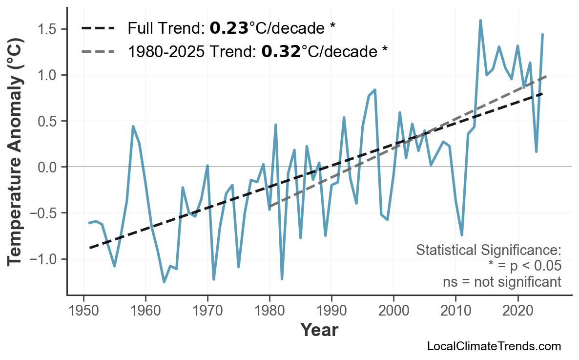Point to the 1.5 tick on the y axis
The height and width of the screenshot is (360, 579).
tap(50, 29)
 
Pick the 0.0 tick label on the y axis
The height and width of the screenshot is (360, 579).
tap(50, 167)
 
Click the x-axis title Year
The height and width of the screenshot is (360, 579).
tap(319, 330)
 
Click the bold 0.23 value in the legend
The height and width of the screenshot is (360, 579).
tap(229, 28)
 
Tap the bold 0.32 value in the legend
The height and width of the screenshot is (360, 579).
tap(281, 51)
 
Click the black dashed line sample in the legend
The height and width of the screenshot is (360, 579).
tap(98, 28)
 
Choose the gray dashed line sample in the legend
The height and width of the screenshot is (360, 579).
tap(98, 51)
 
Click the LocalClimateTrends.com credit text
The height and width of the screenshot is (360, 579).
tap(494, 346)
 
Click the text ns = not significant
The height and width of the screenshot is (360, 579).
tap(501, 282)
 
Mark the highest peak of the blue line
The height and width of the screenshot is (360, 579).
tap(480, 20)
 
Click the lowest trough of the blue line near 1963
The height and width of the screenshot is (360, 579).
tap(164, 282)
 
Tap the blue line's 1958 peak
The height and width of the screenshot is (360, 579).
tap(133, 126)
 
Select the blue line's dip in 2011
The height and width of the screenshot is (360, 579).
tap(462, 235)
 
